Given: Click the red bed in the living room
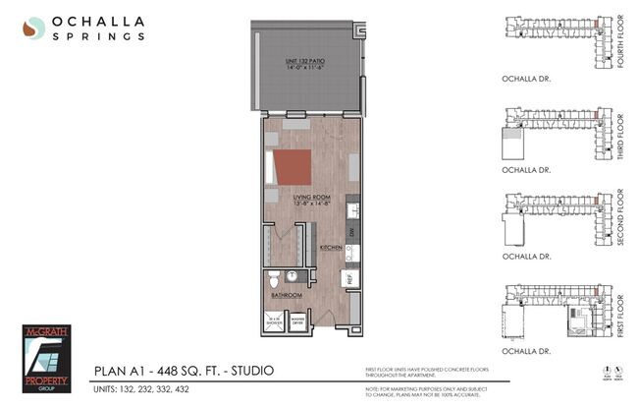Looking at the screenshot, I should pos(293,167).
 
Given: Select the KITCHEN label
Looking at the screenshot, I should pos(331,249).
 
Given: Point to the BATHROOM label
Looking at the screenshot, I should pos(287,294).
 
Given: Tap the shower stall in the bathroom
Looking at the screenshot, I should pos(275,321).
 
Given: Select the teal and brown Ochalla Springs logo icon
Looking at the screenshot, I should pos(33,28).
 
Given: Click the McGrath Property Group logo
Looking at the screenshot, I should pos(47,358).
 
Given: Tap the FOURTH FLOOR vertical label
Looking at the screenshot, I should pos(619,36).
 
